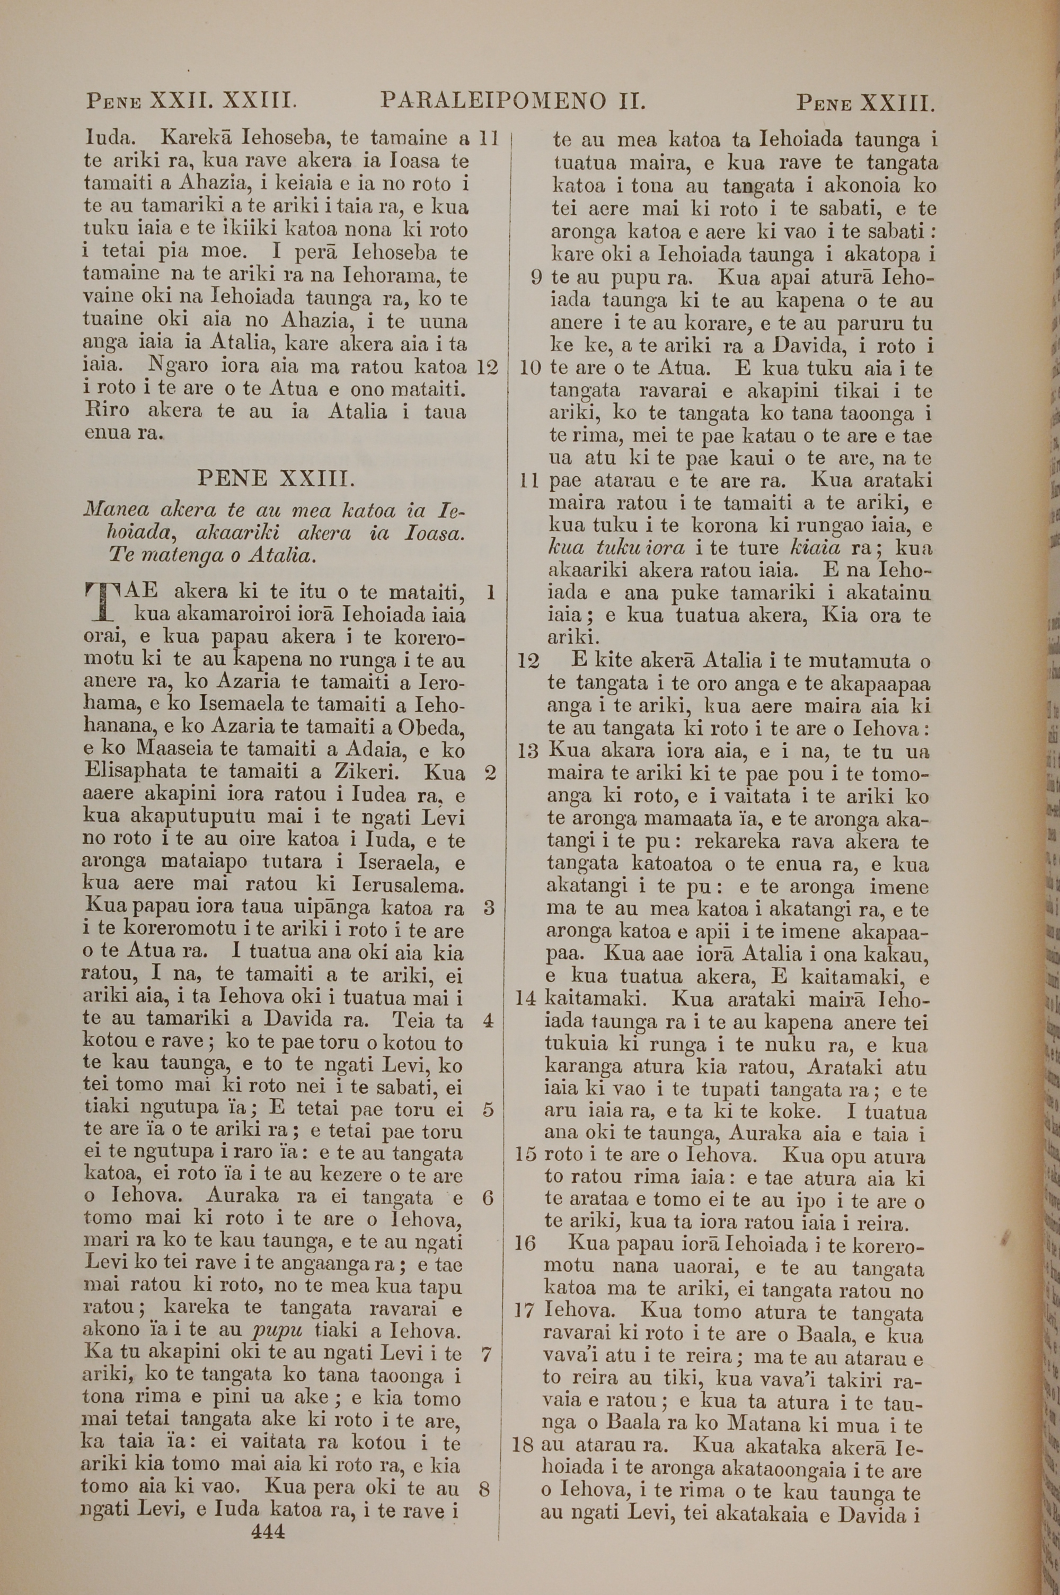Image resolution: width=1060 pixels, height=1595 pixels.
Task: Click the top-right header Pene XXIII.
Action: coord(866,103)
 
